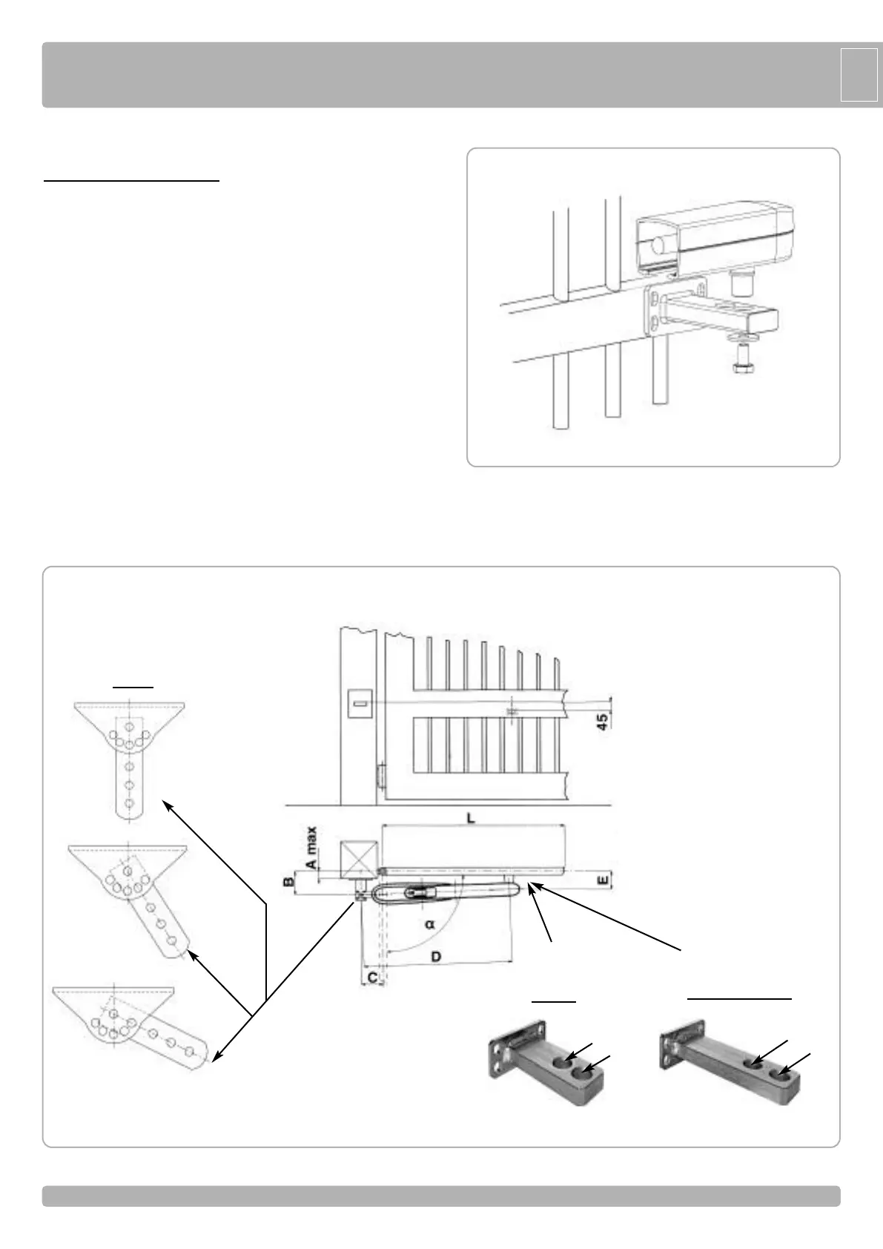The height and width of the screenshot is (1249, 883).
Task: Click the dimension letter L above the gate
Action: pos(470,818)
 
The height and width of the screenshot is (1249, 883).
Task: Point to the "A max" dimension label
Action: pos(312,848)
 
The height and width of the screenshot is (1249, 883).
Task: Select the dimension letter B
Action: pos(288,883)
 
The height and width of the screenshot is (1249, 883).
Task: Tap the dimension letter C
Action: pos(373,978)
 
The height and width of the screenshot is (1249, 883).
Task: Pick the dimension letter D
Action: pos(436,957)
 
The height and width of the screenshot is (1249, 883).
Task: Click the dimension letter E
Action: pos(603,880)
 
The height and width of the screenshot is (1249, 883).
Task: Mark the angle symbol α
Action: pos(430,924)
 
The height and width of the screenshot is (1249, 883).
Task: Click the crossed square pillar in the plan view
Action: pos(354,860)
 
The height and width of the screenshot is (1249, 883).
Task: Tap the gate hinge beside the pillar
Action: pos(381,777)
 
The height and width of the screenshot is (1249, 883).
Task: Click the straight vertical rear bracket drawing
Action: pos(129,757)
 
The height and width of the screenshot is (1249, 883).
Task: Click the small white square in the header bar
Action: pos(859,74)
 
